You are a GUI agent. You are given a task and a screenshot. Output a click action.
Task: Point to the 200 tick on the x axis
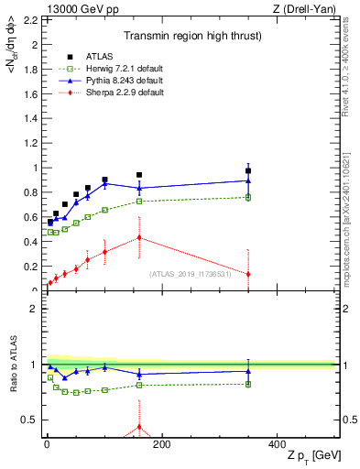point(161,444)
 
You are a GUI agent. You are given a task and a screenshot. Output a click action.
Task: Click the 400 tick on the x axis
point(277,444)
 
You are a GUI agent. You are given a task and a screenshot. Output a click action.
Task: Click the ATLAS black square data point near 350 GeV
point(248,170)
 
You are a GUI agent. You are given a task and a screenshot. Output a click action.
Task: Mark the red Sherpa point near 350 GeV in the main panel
point(248,274)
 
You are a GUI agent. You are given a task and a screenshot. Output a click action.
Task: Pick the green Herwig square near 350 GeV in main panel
point(248,197)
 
